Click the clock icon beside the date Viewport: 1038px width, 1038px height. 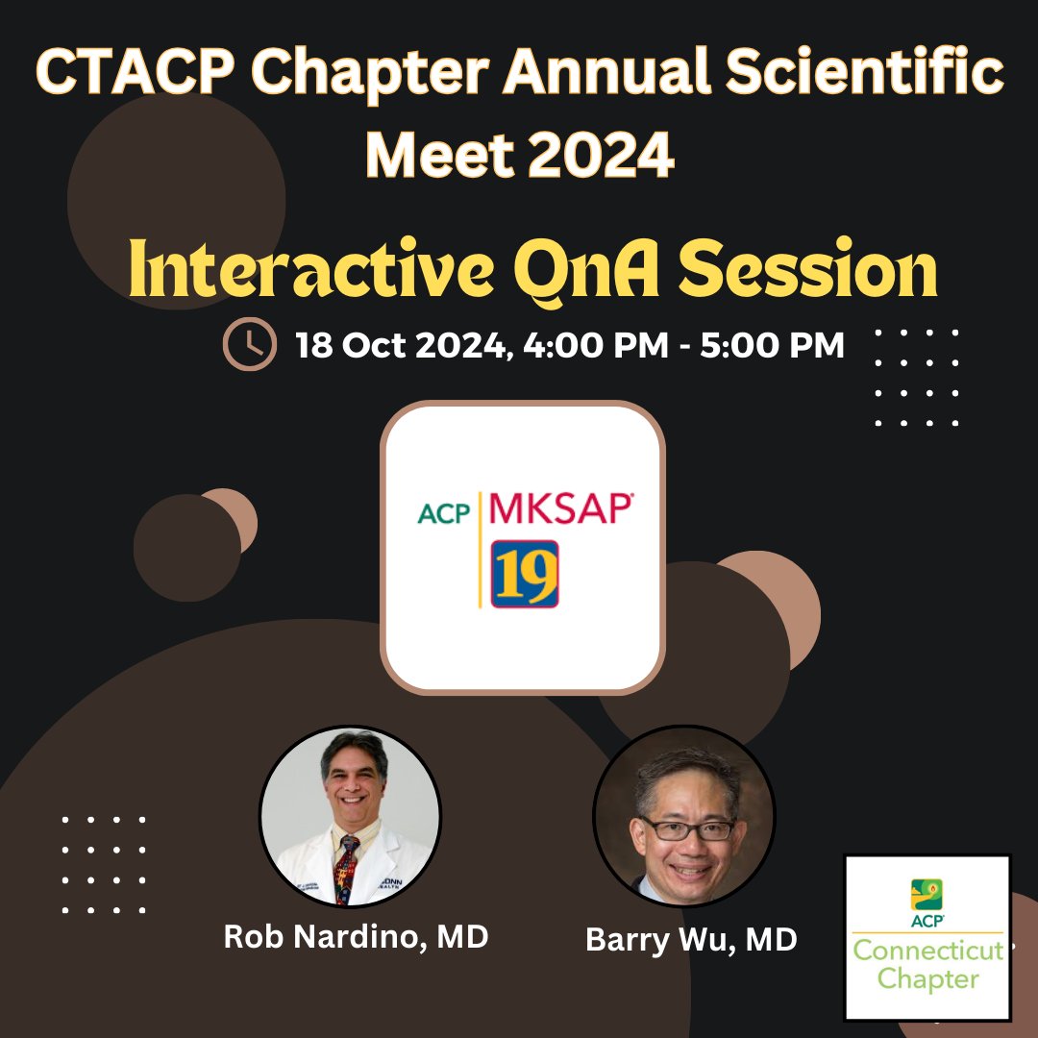(x=249, y=345)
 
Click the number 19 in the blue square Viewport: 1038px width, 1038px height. (x=525, y=573)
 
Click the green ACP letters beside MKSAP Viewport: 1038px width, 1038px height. (x=444, y=513)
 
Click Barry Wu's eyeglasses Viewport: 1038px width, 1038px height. (x=688, y=828)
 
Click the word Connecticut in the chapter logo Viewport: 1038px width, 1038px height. (x=927, y=951)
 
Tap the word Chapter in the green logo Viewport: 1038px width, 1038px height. (x=927, y=979)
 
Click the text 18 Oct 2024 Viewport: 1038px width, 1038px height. (x=402, y=344)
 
